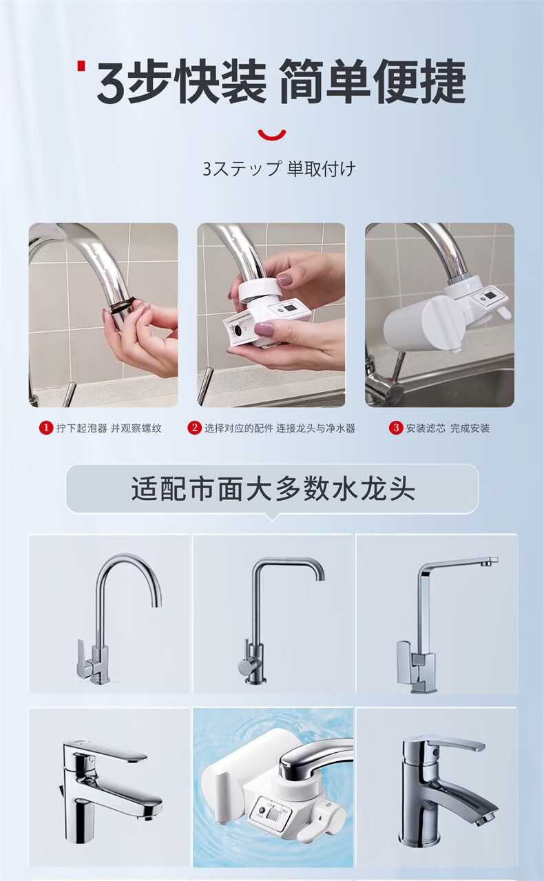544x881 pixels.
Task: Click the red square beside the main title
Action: pos(81,65)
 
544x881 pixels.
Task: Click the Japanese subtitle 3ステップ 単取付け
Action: pos(279,169)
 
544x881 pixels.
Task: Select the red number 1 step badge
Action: pos(46,428)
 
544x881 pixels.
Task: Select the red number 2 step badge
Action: pos(194,428)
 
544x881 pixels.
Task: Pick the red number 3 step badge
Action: pos(396,428)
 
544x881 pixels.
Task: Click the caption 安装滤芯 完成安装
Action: pos(448,428)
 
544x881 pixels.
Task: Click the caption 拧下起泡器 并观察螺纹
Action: pos(109,428)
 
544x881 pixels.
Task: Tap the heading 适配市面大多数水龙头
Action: pos(273,489)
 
